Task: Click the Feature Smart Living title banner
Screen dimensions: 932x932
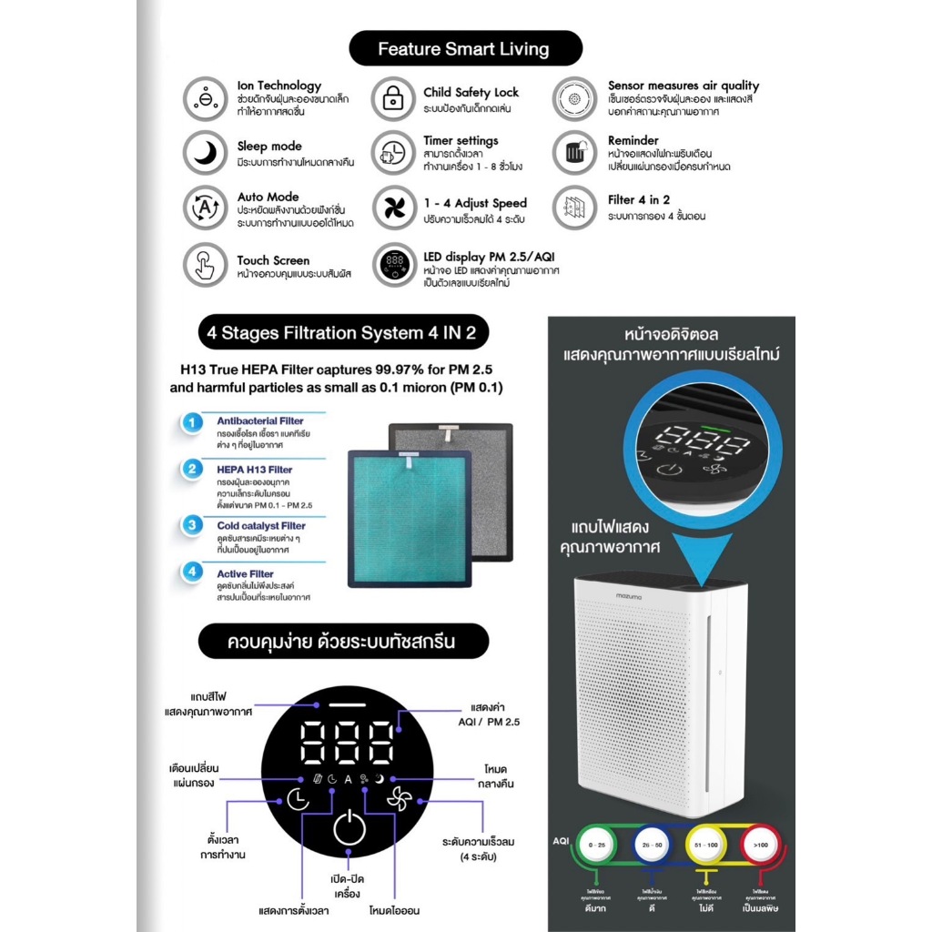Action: pyautogui.click(x=463, y=48)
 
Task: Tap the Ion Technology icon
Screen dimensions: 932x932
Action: pyautogui.click(x=205, y=98)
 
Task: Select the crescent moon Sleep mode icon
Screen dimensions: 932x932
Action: pyautogui.click(x=205, y=153)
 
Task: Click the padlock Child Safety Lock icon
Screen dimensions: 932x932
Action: pyautogui.click(x=393, y=98)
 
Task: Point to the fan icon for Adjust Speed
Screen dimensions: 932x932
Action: pyautogui.click(x=393, y=208)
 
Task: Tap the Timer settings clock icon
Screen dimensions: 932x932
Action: pyautogui.click(x=393, y=152)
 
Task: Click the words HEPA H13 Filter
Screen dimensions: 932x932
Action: pyautogui.click(x=241, y=470)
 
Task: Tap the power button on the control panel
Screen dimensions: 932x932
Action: pyautogui.click(x=349, y=830)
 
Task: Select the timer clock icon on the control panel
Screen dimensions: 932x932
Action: pyautogui.click(x=297, y=799)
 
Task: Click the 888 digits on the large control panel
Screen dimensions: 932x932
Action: pyautogui.click(x=349, y=743)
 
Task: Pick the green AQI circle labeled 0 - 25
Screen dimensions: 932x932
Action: pyautogui.click(x=597, y=845)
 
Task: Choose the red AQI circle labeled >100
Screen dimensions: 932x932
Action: pyautogui.click(x=761, y=845)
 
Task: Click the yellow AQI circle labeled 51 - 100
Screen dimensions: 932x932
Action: pyautogui.click(x=705, y=845)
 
